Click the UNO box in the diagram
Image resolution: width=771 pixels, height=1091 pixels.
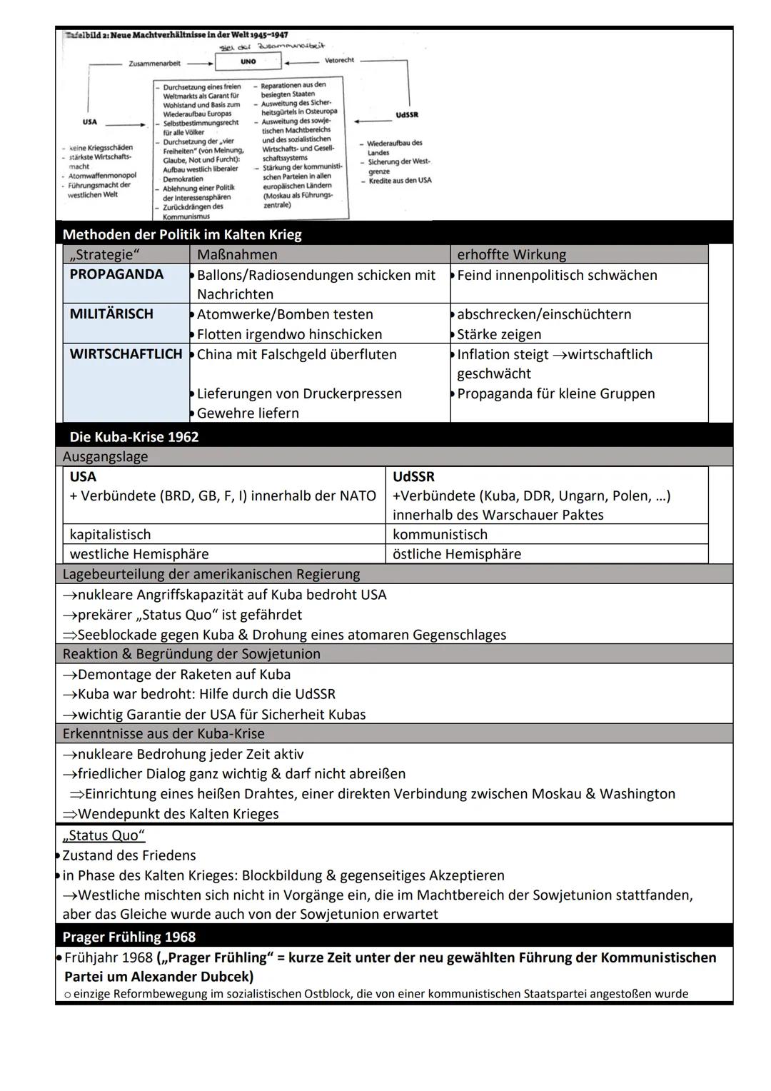(248, 61)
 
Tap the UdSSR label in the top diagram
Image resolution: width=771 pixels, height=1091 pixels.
(406, 114)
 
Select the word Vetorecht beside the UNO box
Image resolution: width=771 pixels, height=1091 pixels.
(339, 60)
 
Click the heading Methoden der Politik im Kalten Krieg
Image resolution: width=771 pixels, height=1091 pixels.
(182, 234)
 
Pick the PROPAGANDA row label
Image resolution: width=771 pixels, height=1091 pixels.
(116, 275)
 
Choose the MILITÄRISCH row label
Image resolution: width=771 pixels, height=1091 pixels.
(111, 314)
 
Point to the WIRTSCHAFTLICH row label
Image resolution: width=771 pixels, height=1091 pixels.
(126, 354)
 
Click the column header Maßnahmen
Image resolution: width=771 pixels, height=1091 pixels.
(237, 254)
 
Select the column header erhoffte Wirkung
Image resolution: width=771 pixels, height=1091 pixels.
(511, 254)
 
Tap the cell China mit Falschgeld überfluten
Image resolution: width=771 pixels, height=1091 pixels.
(296, 355)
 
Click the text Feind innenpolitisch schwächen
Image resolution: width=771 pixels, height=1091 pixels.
(557, 275)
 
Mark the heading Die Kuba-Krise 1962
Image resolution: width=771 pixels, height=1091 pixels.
(134, 437)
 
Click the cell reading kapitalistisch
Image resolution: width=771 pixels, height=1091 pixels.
(110, 535)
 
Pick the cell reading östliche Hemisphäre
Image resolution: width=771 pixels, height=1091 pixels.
(457, 554)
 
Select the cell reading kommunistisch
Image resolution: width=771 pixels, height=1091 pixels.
(440, 535)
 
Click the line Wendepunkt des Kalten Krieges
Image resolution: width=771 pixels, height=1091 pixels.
(178, 814)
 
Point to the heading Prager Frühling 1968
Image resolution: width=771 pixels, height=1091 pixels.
(128, 937)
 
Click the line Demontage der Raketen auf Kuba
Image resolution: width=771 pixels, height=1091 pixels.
(183, 675)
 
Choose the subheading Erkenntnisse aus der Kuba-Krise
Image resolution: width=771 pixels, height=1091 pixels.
(163, 734)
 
